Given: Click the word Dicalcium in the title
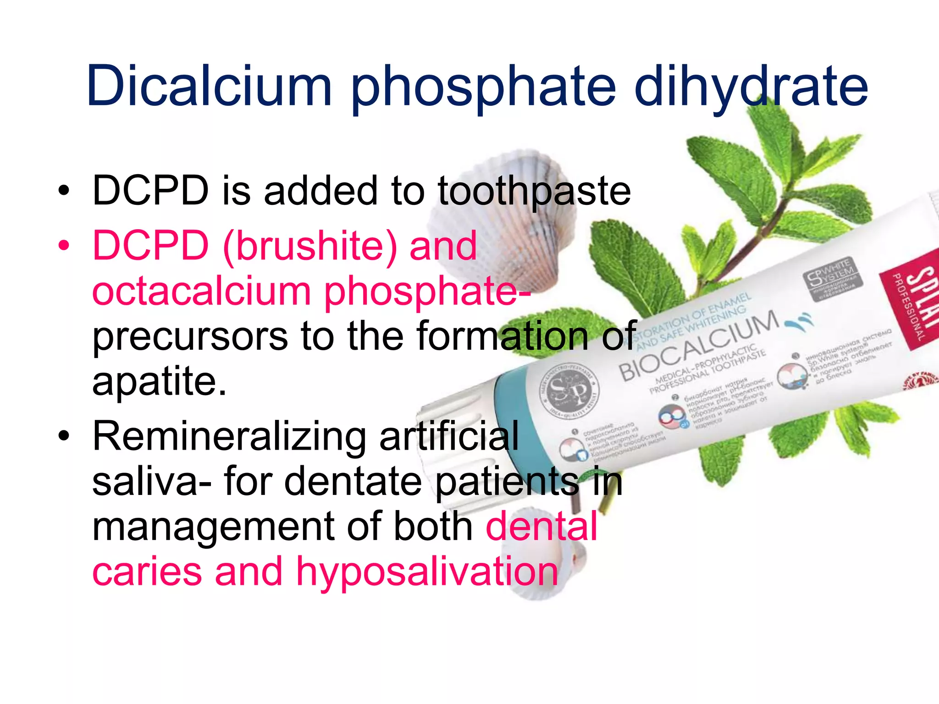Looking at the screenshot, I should click(209, 86).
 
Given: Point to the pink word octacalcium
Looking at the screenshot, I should click(202, 291).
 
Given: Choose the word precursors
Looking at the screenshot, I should click(190, 336).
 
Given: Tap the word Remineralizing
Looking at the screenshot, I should click(229, 436).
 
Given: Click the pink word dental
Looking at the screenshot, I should click(541, 526).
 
